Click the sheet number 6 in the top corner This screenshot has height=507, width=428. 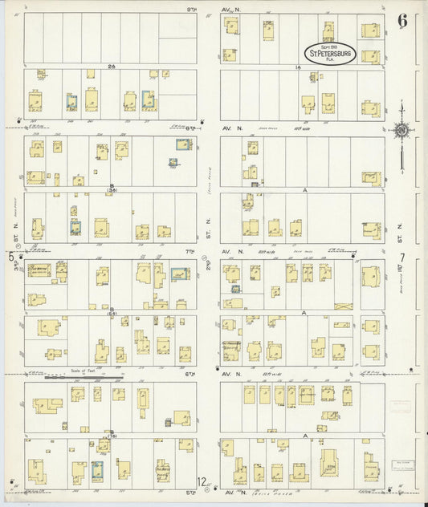pyautogui.click(x=402, y=21)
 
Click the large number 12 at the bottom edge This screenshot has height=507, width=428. pyautogui.click(x=203, y=482)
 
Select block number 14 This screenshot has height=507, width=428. pyautogui.click(x=296, y=67)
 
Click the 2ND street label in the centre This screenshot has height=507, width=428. pyautogui.click(x=207, y=265)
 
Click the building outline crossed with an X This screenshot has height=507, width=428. pyautogui.click(x=343, y=306)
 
